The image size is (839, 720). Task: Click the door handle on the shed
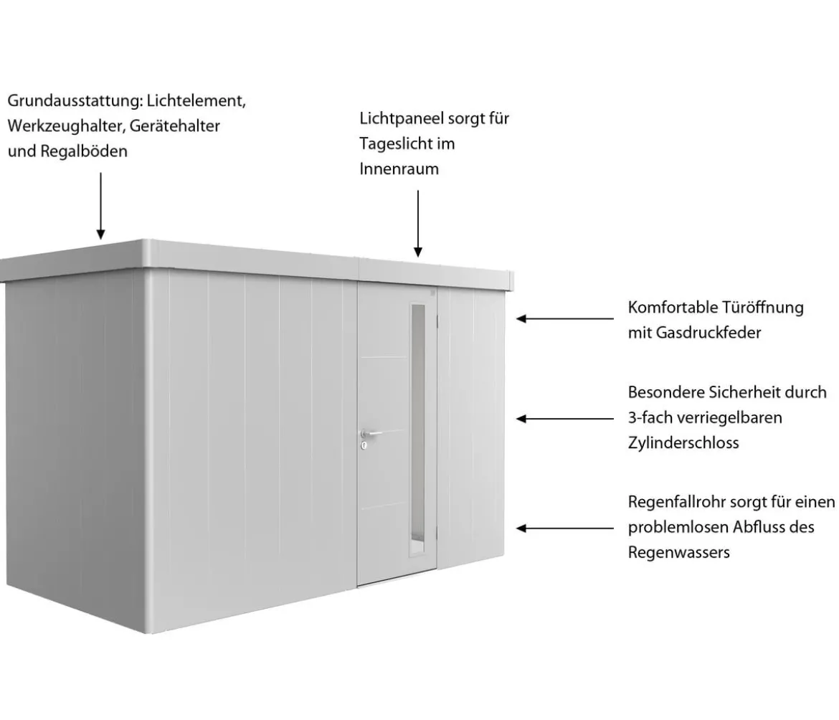coord(370,433)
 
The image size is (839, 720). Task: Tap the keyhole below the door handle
coord(364,445)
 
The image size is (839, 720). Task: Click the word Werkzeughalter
coord(66,125)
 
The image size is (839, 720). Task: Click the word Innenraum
coord(399,169)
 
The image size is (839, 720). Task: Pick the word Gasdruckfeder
coord(708,332)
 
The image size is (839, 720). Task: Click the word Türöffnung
coord(763,307)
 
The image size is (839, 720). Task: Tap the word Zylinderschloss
coord(683,442)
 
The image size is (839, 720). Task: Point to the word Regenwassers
coord(679,552)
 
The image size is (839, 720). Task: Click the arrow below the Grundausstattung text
coord(100,206)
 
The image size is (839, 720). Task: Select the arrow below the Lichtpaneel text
coord(418,224)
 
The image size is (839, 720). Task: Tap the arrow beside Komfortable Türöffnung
coord(565,319)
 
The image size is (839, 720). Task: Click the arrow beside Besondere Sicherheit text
coord(565,419)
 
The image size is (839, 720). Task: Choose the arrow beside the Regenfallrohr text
coord(565,529)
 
